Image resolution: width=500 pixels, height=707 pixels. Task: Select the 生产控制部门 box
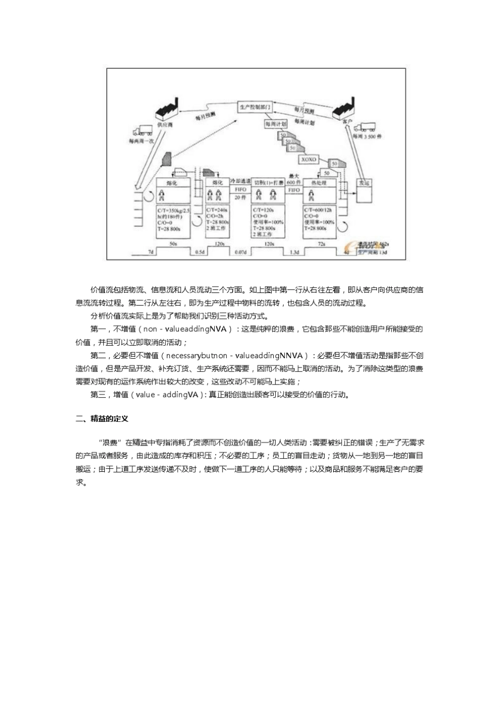pos(254,107)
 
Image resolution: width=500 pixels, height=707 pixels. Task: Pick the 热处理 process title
pos(319,183)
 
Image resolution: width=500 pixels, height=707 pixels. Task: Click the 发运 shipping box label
pos(364,183)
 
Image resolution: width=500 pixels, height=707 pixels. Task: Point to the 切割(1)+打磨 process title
pos(268,183)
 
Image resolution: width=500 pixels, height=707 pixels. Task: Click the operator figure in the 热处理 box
pos(312,195)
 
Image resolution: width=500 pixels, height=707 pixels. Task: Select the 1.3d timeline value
pos(294,252)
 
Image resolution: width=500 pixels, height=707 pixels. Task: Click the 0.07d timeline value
pos(240,252)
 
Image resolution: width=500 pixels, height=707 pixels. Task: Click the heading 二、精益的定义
pos(102,419)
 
